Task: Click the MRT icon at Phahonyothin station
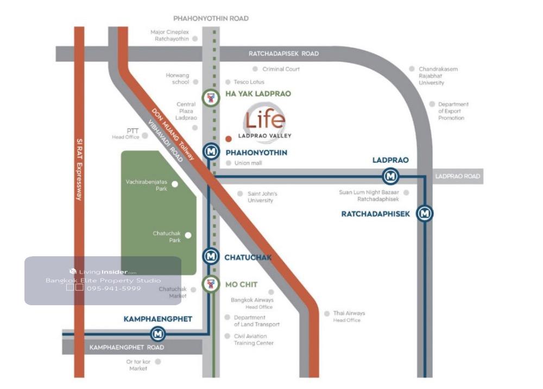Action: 211,152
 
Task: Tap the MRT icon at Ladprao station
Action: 390,176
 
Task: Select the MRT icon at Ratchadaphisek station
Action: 425,213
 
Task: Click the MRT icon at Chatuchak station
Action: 210,256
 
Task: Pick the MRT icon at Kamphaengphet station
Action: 158,332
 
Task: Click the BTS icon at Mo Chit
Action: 210,283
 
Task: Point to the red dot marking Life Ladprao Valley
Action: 228,138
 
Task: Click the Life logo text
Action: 264,120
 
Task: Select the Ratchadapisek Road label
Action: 283,54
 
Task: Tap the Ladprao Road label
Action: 458,176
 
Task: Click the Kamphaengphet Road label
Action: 127,347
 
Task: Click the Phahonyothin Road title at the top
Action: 211,18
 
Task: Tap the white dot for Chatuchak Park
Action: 188,236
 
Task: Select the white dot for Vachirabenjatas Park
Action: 175,184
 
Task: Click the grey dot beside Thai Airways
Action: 326,313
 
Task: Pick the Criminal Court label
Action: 281,69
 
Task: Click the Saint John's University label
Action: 262,197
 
